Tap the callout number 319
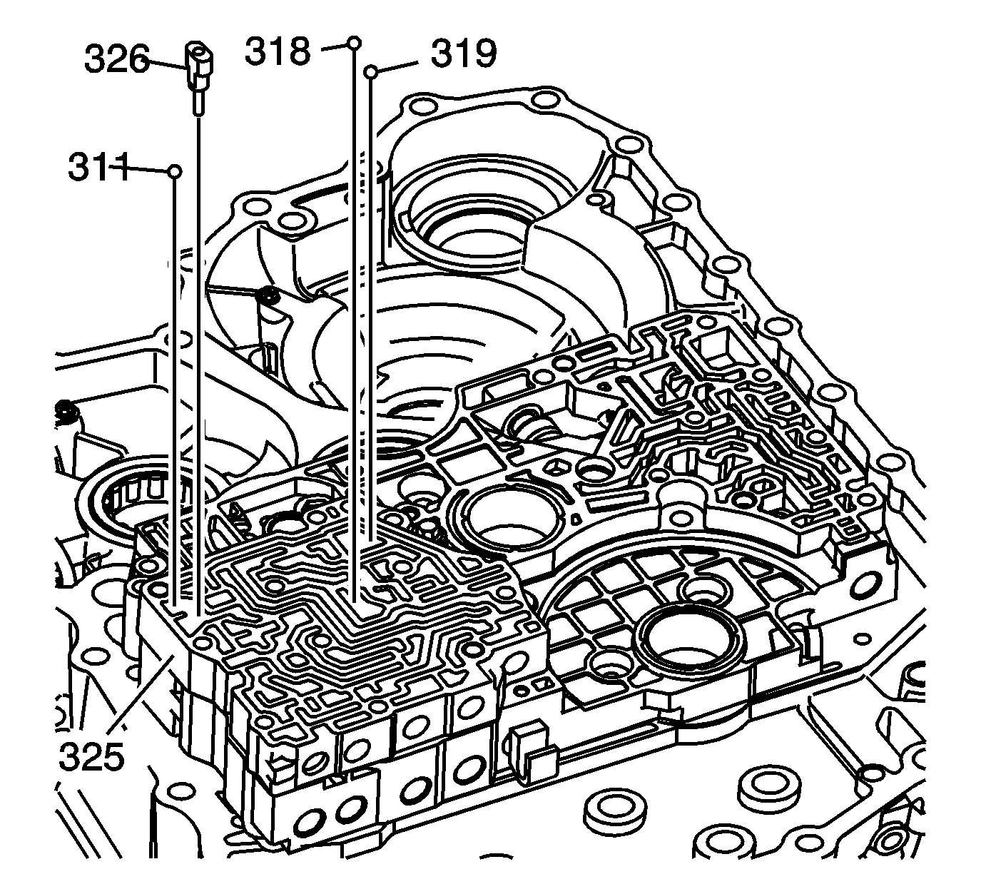[x=464, y=54]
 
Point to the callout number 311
[x=98, y=169]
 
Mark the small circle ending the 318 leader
[x=354, y=43]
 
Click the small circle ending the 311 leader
[x=174, y=171]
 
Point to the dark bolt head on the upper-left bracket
[x=269, y=295]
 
